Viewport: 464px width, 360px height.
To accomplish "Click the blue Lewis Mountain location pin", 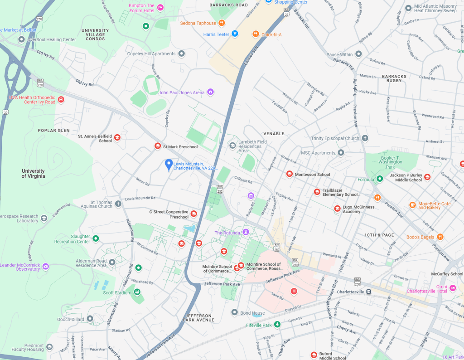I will click(x=169, y=165).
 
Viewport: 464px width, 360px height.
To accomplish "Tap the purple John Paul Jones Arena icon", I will click(x=210, y=92).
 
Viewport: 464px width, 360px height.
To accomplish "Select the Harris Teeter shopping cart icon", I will click(x=235, y=34).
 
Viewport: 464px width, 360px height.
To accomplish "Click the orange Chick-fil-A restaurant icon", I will click(x=256, y=34).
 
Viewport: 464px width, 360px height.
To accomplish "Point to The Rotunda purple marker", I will click(x=246, y=233).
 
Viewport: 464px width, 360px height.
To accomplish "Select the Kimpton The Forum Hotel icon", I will click(x=160, y=8).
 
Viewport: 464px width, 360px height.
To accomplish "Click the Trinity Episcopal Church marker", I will click(x=365, y=138).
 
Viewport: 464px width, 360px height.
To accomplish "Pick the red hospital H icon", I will click(x=294, y=291).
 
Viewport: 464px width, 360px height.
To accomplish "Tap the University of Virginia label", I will click(x=33, y=173).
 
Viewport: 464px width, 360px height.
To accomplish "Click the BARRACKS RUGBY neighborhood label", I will click(x=395, y=78).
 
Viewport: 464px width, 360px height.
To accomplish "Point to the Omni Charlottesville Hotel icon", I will click(x=452, y=288).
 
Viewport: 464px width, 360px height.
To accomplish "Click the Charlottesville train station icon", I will click(x=369, y=292).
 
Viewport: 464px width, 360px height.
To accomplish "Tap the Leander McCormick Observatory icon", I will click(x=45, y=267).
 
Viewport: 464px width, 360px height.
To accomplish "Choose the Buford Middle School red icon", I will click(x=313, y=355).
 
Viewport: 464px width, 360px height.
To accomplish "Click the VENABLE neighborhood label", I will click(x=274, y=134).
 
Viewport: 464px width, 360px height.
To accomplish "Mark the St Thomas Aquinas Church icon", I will click(x=118, y=204).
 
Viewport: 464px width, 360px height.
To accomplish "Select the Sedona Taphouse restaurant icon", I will click(x=222, y=23).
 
